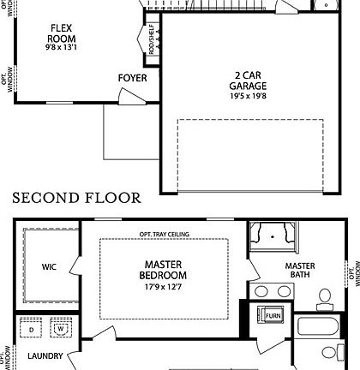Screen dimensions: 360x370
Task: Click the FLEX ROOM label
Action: point(62,33)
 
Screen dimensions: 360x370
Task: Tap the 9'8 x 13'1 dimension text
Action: point(61,47)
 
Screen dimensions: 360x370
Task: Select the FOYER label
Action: point(133,78)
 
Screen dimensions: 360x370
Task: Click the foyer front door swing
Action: point(131,97)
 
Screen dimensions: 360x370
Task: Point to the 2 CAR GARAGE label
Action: point(248,81)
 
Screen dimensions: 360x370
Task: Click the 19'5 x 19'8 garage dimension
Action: point(248,96)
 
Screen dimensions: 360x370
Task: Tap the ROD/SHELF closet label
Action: point(152,39)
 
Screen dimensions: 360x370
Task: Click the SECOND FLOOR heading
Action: point(77,198)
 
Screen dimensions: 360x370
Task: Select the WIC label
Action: point(49,267)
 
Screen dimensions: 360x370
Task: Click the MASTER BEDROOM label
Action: point(163,270)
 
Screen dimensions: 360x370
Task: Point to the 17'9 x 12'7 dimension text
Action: point(163,287)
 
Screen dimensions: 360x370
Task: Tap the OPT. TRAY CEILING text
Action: point(165,235)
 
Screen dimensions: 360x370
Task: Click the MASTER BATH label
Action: point(300,270)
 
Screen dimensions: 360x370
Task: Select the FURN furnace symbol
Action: point(270,315)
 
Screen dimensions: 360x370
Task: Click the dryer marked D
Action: point(31,328)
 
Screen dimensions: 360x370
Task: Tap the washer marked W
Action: point(61,328)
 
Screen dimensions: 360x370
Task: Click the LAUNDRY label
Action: point(45,356)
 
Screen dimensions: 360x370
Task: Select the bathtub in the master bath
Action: point(318,326)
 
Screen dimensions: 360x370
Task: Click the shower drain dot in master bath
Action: point(273,236)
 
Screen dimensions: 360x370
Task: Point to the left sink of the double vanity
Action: point(261,292)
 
